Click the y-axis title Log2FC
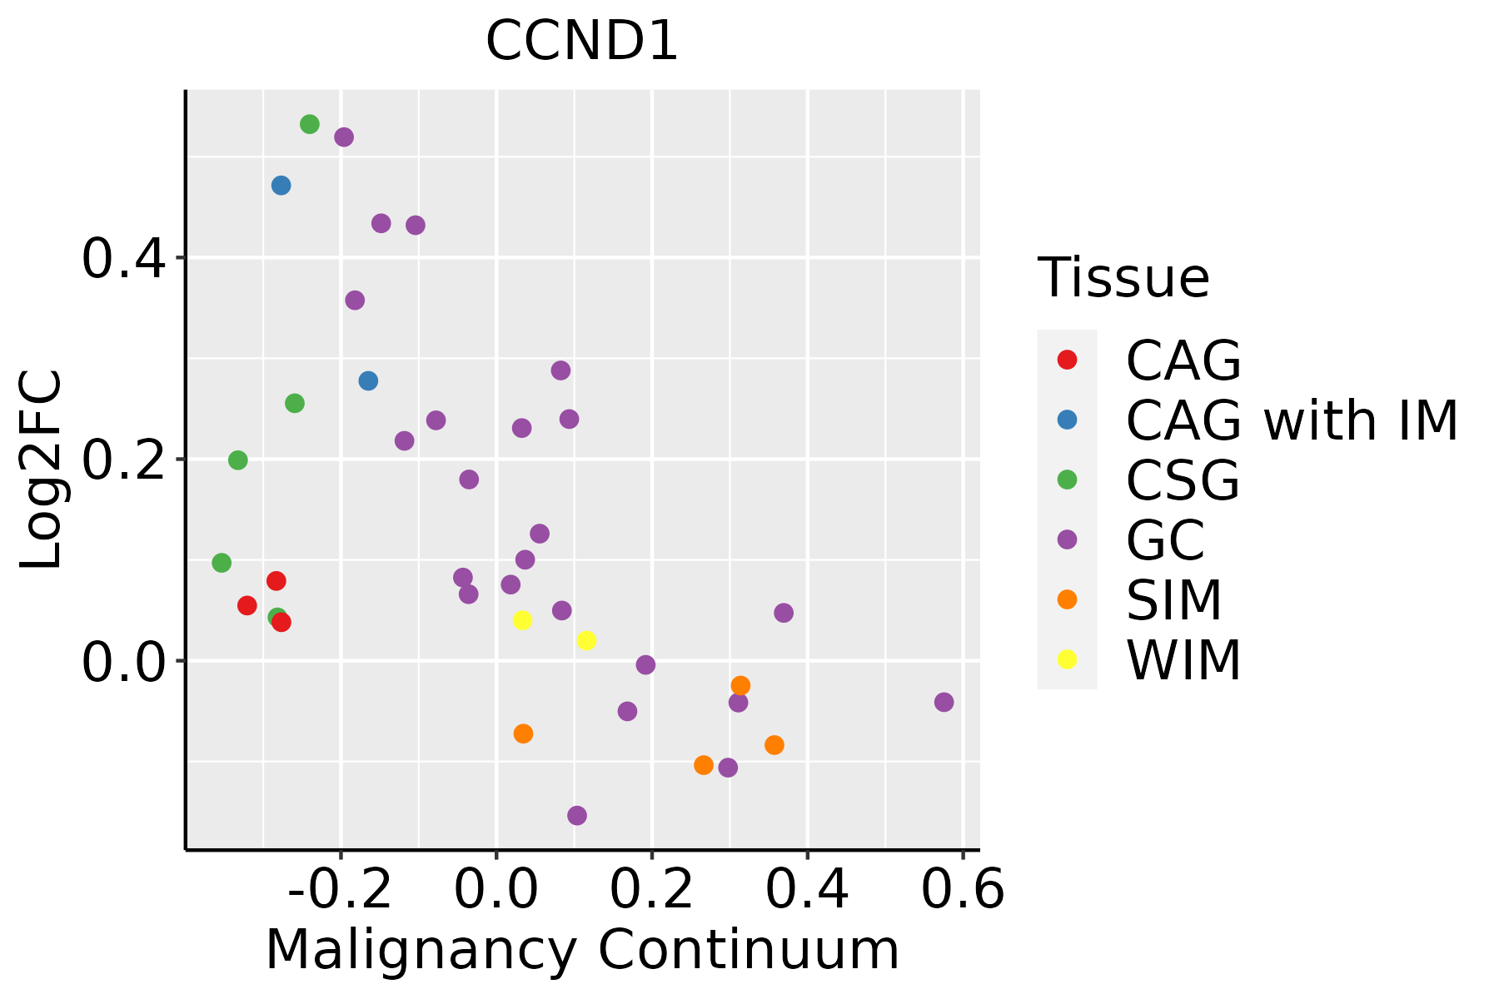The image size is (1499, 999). coord(42,470)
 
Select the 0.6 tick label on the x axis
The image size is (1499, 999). coord(963,890)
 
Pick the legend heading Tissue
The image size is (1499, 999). coord(1123,278)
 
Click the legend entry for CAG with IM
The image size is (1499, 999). coord(1292,420)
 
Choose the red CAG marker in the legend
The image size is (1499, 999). coord(1067,360)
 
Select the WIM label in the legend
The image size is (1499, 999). coord(1183,660)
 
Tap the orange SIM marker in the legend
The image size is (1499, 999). coord(1067,599)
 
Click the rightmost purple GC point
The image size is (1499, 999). coord(944,702)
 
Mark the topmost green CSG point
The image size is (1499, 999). coord(310,124)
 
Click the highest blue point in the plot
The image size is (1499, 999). coord(281,185)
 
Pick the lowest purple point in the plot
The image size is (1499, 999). coord(577,815)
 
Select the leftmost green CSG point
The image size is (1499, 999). coord(222,563)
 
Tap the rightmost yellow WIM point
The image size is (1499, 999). coord(586,640)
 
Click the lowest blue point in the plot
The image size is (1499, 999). coord(368,380)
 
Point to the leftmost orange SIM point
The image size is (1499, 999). coord(523,733)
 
